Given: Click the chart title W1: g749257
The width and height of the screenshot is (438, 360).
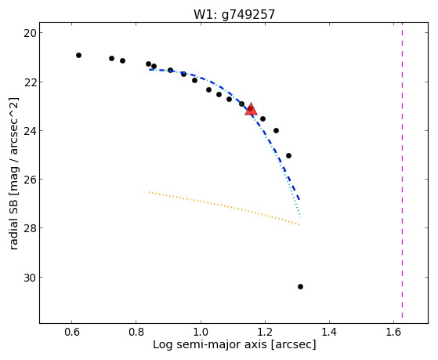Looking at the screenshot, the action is click(x=234, y=14).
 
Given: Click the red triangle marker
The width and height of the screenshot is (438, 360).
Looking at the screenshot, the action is click(x=251, y=109).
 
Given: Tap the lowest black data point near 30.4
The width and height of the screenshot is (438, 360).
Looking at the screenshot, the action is click(x=300, y=286).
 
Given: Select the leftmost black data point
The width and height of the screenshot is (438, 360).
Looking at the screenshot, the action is click(x=79, y=55).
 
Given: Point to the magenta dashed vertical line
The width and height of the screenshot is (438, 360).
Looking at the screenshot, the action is click(x=402, y=170).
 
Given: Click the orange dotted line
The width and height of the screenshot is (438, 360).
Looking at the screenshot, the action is click(x=224, y=207).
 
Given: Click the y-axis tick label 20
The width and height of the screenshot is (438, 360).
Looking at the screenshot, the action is click(x=29, y=33).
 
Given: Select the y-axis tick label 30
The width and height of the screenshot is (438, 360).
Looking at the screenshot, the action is click(x=29, y=277).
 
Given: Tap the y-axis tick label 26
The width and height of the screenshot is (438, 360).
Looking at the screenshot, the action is click(x=29, y=180).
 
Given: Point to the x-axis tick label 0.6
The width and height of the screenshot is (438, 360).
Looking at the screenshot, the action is click(x=72, y=332).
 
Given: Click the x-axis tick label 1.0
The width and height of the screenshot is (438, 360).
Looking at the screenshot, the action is click(x=201, y=332).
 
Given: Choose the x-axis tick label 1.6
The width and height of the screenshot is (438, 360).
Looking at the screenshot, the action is click(x=393, y=332).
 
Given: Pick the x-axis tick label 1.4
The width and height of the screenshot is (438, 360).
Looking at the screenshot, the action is click(x=329, y=332).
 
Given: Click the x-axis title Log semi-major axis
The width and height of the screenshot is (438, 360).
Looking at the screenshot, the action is click(x=209, y=344).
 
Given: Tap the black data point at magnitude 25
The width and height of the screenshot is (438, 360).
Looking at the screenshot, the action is click(x=288, y=155).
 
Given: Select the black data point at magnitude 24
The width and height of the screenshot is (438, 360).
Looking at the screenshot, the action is click(x=276, y=130).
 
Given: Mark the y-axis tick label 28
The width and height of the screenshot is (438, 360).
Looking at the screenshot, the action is click(x=29, y=228).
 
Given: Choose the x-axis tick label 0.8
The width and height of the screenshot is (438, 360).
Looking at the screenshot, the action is click(x=136, y=332).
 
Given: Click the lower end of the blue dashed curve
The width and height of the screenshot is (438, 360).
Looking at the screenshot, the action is click(x=299, y=200).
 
